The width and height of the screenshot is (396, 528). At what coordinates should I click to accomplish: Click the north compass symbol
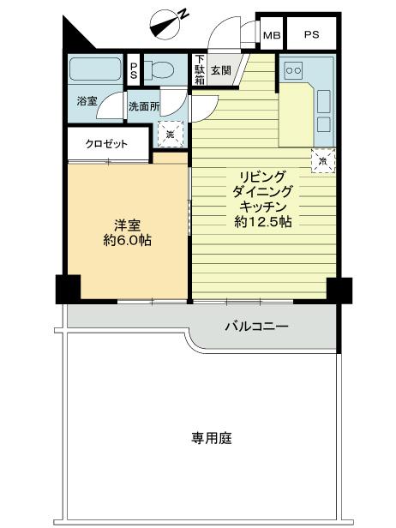click(168, 21)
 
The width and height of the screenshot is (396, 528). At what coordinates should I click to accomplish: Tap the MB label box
click(272, 35)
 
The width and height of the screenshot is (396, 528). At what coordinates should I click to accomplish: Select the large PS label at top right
click(311, 35)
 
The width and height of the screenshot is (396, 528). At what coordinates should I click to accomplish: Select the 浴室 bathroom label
click(87, 101)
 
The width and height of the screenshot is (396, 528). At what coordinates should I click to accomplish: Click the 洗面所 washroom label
click(143, 106)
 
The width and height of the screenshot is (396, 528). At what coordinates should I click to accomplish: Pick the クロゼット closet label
click(106, 144)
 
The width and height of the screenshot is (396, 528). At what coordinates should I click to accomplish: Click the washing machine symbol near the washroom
click(170, 135)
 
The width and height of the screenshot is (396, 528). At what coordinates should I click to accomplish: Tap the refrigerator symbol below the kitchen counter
click(323, 160)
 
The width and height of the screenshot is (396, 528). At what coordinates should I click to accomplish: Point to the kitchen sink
click(324, 102)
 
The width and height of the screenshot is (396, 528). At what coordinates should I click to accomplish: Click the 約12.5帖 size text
click(262, 222)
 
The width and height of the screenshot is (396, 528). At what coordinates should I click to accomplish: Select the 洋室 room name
click(127, 225)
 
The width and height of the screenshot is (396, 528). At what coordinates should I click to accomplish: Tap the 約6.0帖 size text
click(127, 241)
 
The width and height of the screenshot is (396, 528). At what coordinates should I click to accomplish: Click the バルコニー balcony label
click(256, 327)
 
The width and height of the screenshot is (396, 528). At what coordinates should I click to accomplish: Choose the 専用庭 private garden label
click(211, 438)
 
